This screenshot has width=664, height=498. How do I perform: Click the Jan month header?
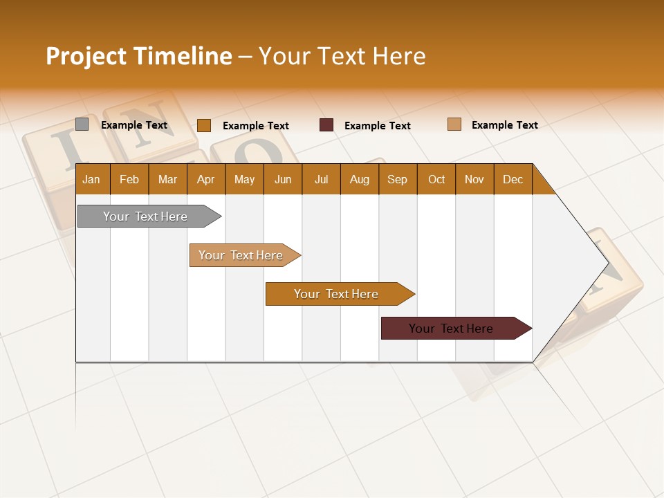(92, 179)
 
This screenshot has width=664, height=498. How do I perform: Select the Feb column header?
(129, 179)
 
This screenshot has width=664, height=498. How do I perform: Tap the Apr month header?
(206, 179)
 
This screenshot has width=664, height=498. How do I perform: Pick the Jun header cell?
(283, 179)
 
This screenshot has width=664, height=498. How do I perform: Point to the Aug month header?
(360, 179)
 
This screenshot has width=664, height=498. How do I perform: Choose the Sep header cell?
(398, 179)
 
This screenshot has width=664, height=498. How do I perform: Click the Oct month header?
(436, 179)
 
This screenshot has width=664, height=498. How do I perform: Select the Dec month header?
(513, 179)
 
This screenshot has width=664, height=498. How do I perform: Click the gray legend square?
(82, 124)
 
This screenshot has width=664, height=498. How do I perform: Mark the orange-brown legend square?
(204, 125)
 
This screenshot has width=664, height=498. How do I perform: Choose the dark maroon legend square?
(326, 125)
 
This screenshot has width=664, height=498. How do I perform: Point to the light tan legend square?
(454, 124)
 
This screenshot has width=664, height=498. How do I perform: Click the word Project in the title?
(86, 56)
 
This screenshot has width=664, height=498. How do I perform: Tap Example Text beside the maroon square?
(377, 126)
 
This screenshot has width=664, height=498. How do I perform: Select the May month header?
(244, 179)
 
